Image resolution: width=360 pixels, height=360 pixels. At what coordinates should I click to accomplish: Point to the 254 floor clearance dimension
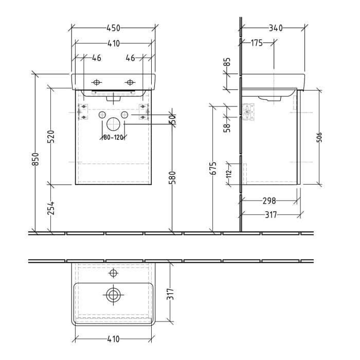51,208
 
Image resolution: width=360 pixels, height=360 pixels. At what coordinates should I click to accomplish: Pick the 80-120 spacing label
113,137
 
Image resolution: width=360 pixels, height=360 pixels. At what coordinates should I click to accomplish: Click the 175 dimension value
257,43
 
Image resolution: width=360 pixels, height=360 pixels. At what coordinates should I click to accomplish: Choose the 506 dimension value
319,137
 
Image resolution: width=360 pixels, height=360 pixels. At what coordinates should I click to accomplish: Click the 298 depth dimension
269,201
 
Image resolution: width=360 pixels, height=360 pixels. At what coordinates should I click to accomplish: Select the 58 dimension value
227,127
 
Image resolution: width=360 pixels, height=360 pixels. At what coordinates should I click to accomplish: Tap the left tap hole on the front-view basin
96,82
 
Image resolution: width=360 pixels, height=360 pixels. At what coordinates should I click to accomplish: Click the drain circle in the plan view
113,295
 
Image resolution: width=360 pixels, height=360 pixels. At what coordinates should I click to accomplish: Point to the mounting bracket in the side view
248,112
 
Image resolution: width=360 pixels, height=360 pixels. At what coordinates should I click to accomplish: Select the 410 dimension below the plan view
113,339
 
